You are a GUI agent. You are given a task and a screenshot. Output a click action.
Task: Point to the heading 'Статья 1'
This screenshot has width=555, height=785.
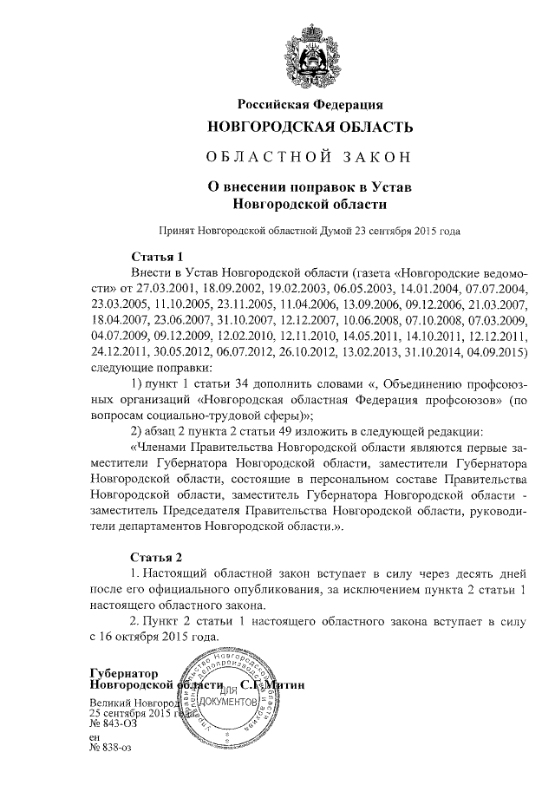click(157, 257)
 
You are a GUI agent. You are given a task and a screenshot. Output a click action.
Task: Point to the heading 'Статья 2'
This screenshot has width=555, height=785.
click(157, 556)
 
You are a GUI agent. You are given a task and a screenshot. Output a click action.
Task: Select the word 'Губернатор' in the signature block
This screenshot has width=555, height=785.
click(123, 672)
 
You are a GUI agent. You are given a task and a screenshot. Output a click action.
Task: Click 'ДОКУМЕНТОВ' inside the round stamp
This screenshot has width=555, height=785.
click(227, 700)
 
